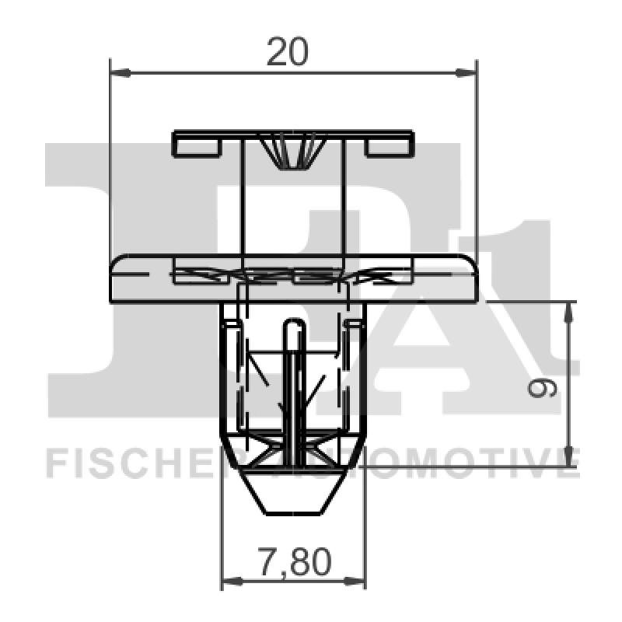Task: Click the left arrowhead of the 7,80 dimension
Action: tap(231, 581)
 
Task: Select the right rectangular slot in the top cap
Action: tap(389, 146)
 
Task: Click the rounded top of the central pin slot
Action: tap(293, 327)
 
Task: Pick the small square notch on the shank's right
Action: tap(355, 323)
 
